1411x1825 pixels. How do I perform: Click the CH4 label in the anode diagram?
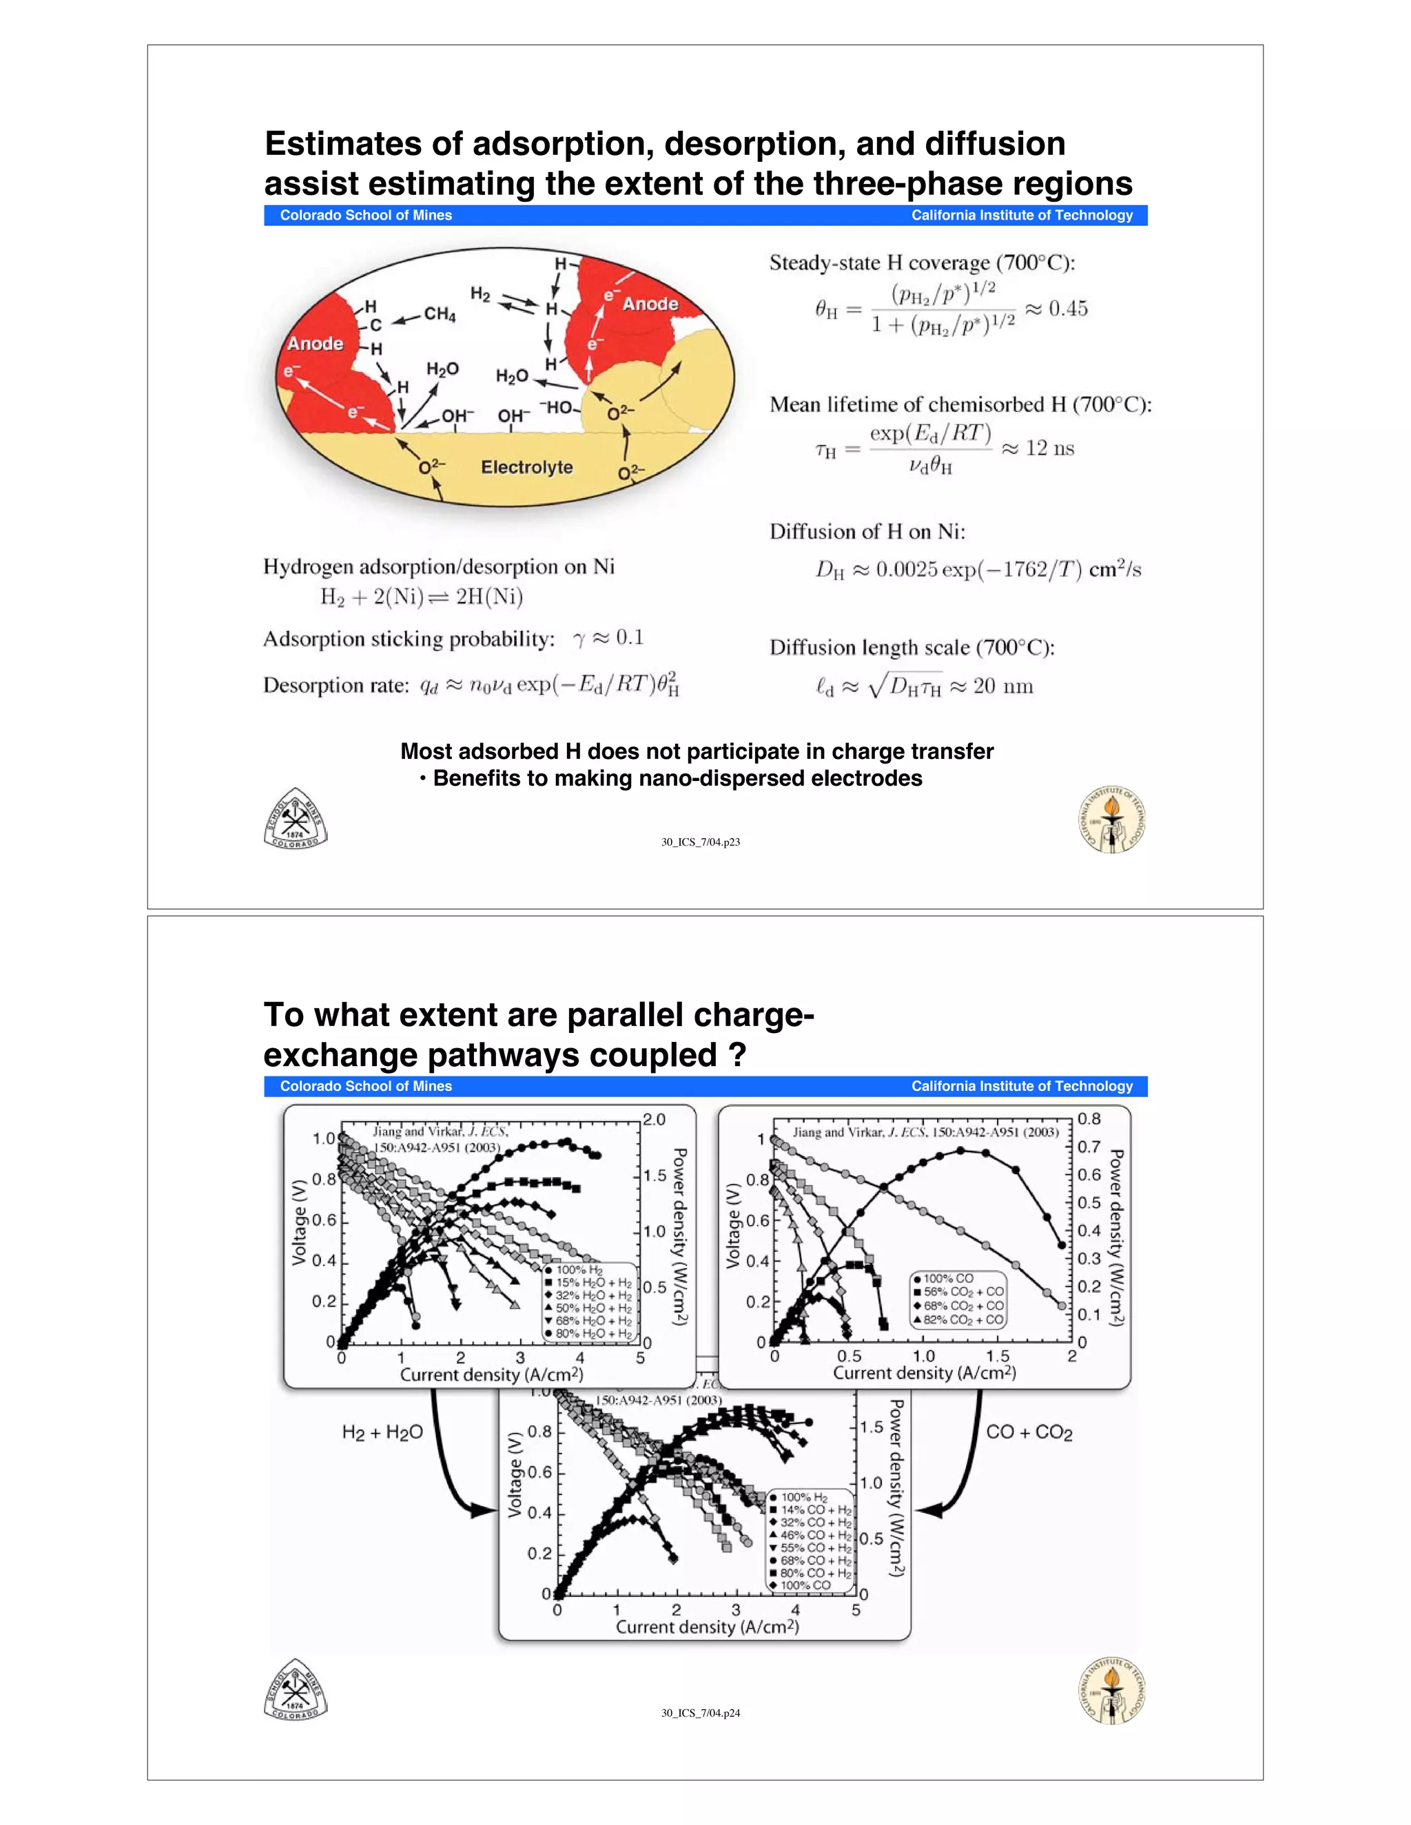pos(440,314)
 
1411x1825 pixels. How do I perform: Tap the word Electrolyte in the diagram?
pos(526,467)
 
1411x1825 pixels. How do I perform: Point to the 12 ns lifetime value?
pos(1050,449)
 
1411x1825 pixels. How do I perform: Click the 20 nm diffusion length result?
pos(1003,687)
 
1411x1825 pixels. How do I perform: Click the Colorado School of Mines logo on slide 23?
pos(295,819)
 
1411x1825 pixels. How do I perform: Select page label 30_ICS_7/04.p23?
pos(701,842)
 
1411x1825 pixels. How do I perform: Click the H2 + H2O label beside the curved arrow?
pos(382,1433)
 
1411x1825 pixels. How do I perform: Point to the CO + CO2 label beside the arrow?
pos(1029,1432)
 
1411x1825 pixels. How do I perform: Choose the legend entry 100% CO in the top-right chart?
pos(948,1278)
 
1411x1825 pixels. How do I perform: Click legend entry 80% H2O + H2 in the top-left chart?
pos(593,1334)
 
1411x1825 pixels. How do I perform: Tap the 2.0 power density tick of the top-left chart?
pos(655,1120)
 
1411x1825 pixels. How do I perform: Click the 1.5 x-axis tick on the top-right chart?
pos(997,1356)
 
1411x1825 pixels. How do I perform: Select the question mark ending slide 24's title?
pos(737,1055)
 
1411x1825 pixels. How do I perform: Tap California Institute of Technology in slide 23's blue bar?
pos(1022,216)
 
